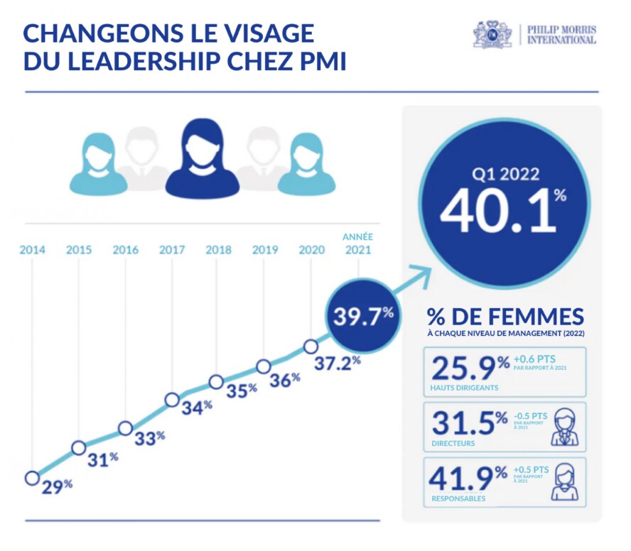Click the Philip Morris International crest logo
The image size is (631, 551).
click(x=492, y=34)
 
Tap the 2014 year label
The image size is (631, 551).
click(x=32, y=250)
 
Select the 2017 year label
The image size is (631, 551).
click(x=172, y=250)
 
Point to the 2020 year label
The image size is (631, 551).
click(x=312, y=250)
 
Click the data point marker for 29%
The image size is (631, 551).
click(x=31, y=478)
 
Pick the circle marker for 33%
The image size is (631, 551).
click(x=125, y=428)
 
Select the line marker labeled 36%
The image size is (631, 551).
click(x=264, y=366)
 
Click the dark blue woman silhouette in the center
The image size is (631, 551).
click(x=202, y=157)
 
